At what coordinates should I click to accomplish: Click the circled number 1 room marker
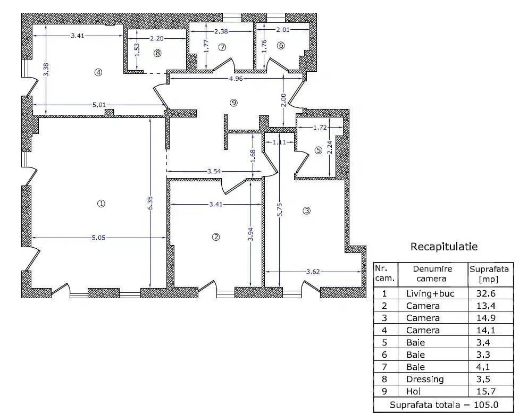click(101, 203)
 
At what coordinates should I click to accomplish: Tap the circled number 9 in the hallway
click(233, 103)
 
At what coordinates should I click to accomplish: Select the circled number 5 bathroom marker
click(319, 150)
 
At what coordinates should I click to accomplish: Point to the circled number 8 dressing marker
click(157, 53)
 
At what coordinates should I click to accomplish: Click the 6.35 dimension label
click(150, 203)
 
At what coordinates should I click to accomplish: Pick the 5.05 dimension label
click(98, 238)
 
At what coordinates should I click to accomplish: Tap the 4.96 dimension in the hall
click(236, 79)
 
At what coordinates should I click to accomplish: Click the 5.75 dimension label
click(280, 210)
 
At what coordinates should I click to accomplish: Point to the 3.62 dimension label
click(313, 272)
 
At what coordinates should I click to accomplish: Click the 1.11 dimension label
click(279, 142)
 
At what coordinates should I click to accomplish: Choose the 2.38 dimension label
click(221, 31)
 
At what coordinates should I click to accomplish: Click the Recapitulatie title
click(444, 247)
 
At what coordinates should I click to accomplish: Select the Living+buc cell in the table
click(430, 293)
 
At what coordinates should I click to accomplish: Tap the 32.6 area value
click(486, 293)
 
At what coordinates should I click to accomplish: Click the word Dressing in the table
click(425, 379)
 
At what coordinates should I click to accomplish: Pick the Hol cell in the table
click(413, 392)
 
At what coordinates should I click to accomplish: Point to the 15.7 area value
click(486, 392)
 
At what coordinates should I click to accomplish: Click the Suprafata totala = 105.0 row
click(444, 404)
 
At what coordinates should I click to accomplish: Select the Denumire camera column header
click(431, 274)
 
